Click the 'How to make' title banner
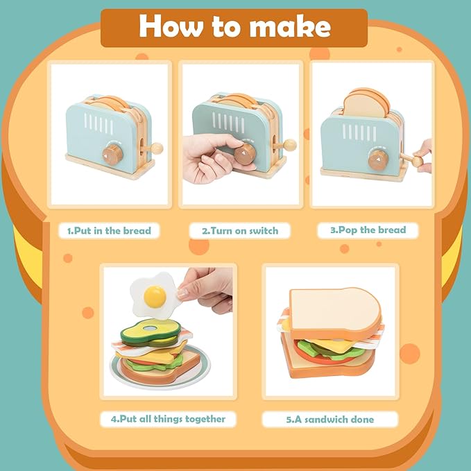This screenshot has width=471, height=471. coord(234,26)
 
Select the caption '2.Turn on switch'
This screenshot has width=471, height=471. coord(239,230)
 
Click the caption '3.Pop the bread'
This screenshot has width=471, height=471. coord(371,230)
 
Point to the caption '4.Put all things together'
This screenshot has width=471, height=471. coord(168,418)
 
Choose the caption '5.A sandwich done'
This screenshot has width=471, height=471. coord(330,419)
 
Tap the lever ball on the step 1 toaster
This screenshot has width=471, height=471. coord(158,147)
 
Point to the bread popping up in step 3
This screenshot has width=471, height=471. coord(367,103)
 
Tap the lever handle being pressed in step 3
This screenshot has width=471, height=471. coord(417,160)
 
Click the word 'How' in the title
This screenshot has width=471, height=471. coord(167,26)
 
